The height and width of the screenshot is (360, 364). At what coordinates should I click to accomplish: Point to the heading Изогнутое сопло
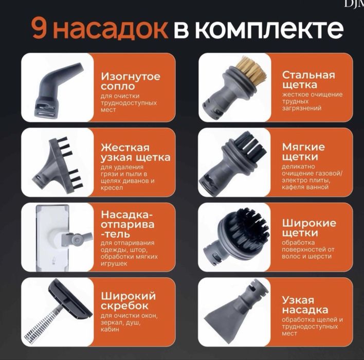[x=130, y=81]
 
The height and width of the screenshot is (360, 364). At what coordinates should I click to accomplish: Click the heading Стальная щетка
[x=308, y=80]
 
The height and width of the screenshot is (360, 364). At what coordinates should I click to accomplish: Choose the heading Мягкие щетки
[x=303, y=152]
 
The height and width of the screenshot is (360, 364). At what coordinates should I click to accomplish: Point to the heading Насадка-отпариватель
[x=128, y=224]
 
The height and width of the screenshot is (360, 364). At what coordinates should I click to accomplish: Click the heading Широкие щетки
[x=308, y=228]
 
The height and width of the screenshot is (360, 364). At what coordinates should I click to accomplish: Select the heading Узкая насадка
[x=305, y=305]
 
